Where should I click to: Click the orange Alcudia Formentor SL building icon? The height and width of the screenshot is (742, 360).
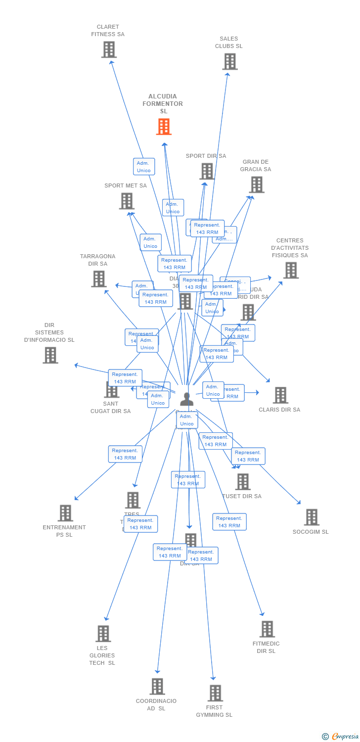[x=164, y=127]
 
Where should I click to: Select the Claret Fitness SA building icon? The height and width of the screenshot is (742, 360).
[x=109, y=49]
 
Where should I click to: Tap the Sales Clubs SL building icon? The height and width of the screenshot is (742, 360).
[x=229, y=61]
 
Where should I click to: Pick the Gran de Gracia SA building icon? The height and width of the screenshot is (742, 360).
[x=256, y=185]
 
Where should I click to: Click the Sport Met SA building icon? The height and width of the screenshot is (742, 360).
[x=127, y=201]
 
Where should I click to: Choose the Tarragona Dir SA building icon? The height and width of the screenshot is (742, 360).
[x=99, y=279]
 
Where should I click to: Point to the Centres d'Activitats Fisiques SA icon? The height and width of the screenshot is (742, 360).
[x=291, y=270]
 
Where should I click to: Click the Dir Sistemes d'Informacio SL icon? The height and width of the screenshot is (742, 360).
[x=50, y=355]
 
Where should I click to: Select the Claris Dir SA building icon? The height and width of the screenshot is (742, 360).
[x=280, y=395]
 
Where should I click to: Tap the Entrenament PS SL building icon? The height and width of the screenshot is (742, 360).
[x=65, y=513]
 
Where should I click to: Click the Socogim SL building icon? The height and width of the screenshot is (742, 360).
[x=312, y=517]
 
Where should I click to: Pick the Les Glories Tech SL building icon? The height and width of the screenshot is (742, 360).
[x=103, y=634]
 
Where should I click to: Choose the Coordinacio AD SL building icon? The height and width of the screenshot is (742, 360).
[x=157, y=687]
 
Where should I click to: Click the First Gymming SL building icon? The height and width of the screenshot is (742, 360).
[x=215, y=693]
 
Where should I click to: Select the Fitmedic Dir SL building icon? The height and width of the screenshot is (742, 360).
[x=267, y=629]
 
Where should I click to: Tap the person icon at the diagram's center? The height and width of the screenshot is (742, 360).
[x=187, y=399]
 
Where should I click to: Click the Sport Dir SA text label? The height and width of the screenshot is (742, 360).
[x=206, y=156]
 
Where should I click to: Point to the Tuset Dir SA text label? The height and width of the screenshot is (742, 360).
[x=242, y=496]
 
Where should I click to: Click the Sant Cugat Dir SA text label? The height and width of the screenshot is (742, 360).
[x=111, y=407]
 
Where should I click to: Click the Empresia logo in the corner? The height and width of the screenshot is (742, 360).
[x=341, y=737]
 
